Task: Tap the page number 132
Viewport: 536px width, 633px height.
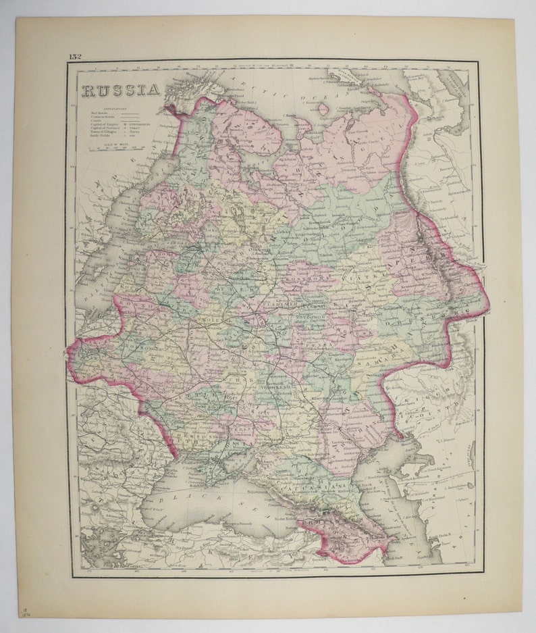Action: click(74, 57)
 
